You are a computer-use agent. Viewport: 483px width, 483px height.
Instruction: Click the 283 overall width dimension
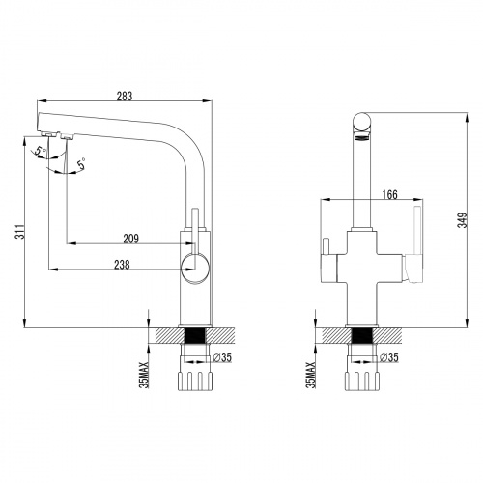tap(124, 95)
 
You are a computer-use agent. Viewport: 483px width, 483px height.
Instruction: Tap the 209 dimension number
tap(132, 238)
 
